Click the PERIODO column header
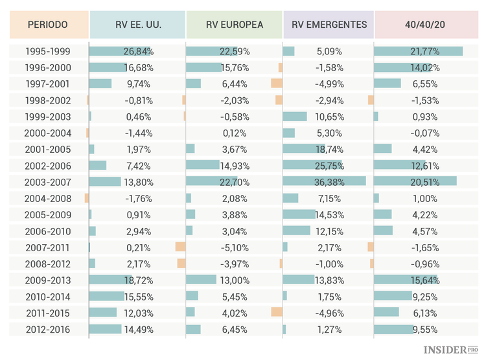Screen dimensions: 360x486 pyautogui.click(x=48, y=25)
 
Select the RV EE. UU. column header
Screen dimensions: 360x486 pyautogui.click(x=137, y=25)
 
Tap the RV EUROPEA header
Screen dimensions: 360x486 pyautogui.click(x=234, y=25)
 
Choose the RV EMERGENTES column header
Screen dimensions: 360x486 pyautogui.click(x=329, y=25)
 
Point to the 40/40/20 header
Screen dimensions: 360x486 pyautogui.click(x=424, y=25)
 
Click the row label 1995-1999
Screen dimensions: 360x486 pyautogui.click(x=48, y=51)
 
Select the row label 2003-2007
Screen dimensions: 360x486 pyautogui.click(x=48, y=182)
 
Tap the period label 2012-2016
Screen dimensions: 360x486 pyautogui.click(x=48, y=329)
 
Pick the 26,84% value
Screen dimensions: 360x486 pyautogui.click(x=137, y=51)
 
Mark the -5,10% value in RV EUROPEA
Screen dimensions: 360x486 pyautogui.click(x=234, y=247)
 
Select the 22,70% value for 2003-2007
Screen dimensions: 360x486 pyautogui.click(x=234, y=182)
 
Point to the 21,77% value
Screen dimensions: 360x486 pyautogui.click(x=425, y=51)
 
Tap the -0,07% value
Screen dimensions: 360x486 pyautogui.click(x=425, y=133)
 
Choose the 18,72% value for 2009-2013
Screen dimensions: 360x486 pyautogui.click(x=137, y=280)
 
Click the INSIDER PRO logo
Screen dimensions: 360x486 pyautogui.click(x=454, y=350)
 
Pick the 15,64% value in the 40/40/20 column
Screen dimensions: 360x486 pyautogui.click(x=425, y=280)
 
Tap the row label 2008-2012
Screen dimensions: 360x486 pyautogui.click(x=48, y=264)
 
